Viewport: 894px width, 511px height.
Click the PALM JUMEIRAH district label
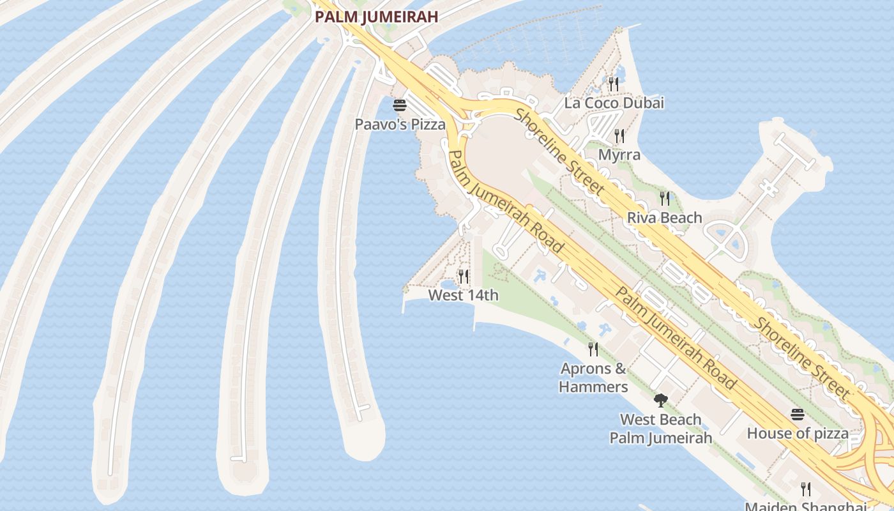377,17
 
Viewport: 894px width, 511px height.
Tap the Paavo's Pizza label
400,125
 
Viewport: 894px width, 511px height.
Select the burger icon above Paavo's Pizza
400,105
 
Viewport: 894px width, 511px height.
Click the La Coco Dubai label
614,103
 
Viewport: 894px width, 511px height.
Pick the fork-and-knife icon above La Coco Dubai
614,84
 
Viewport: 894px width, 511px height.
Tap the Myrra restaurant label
619,155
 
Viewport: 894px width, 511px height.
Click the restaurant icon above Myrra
619,136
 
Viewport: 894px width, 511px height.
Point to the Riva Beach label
665,218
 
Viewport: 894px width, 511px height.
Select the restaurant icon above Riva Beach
665,199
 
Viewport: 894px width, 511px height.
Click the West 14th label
464,295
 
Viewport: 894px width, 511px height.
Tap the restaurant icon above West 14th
464,277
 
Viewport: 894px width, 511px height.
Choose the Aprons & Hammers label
593,378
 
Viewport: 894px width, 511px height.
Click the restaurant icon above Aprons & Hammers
593,349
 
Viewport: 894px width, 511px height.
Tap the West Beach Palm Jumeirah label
661,429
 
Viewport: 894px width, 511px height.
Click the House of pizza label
798,434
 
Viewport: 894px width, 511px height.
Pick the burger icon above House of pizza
798,415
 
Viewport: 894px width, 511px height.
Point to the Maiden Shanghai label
806,506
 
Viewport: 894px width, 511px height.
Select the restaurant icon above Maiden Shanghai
806,489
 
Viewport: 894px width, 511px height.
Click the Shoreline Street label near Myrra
559,151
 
